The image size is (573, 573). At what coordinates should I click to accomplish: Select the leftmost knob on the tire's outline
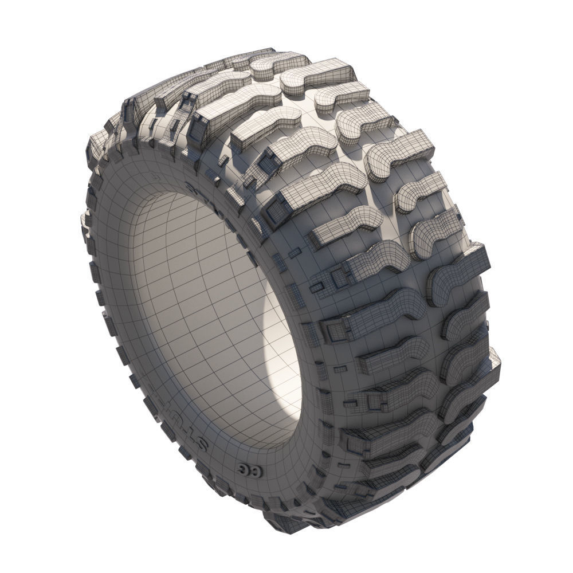pos(86,218)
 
